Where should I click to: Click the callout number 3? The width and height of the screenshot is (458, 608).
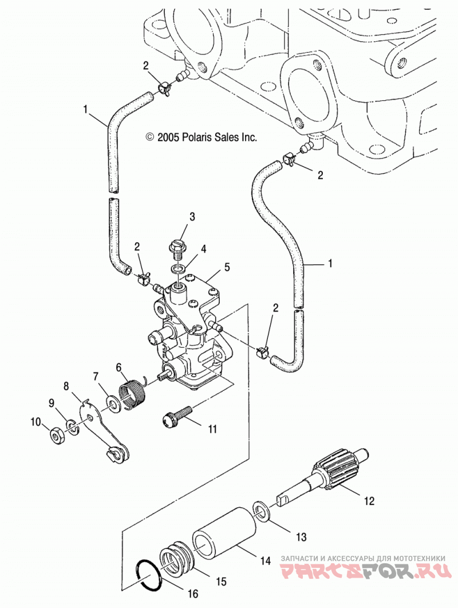click(x=192, y=217)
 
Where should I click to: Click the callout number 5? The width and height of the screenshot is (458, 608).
click(x=227, y=267)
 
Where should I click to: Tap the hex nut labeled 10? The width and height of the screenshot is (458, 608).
click(x=58, y=437)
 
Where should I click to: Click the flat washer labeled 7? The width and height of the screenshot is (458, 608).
click(x=113, y=405)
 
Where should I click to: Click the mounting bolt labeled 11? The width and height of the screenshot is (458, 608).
click(x=176, y=417)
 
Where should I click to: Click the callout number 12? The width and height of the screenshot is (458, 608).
click(x=369, y=501)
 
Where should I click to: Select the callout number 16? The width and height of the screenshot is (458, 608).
click(x=192, y=594)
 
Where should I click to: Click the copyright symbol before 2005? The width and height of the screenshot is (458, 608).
click(x=149, y=137)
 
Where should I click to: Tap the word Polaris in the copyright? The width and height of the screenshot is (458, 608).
click(x=195, y=137)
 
